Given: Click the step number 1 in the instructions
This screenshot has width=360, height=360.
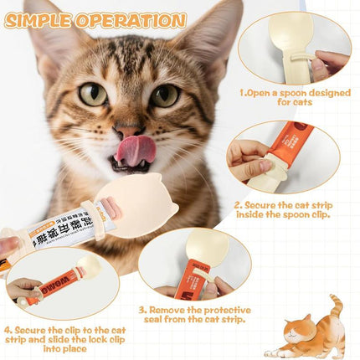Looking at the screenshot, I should [243, 93].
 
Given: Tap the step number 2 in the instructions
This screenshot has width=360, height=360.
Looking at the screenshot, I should [237, 203].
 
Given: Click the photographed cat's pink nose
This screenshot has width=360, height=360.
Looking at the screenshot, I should [126, 131].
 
